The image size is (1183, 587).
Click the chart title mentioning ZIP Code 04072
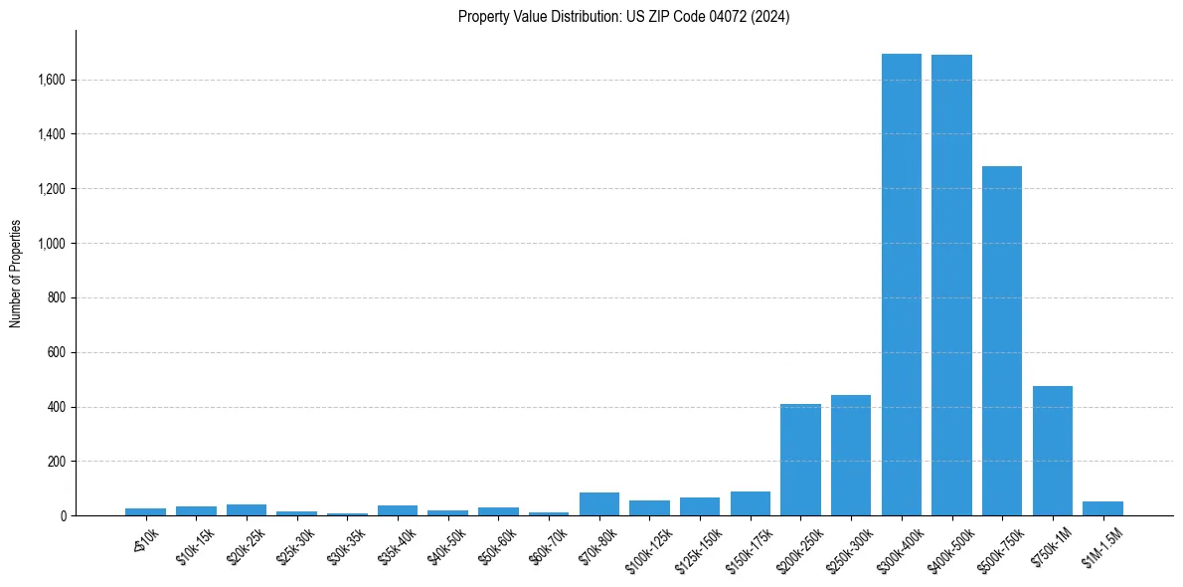623,17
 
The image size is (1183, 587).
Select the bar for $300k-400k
902,285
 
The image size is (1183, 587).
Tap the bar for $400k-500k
951,286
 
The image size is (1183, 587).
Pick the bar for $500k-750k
1002,341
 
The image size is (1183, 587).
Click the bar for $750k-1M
1053,451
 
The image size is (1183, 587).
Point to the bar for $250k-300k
851,456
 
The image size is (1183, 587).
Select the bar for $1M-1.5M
1102,508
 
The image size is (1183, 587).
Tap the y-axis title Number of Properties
16,274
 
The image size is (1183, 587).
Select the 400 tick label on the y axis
57,407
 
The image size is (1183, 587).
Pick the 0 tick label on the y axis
62,516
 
